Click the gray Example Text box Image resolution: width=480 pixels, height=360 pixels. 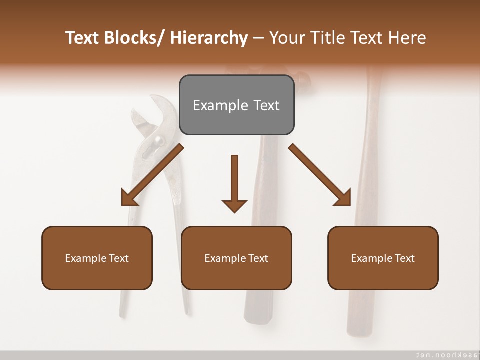point(236,105)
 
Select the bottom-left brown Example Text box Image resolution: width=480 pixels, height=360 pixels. point(97,258)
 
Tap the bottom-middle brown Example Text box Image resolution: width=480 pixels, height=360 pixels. point(236,258)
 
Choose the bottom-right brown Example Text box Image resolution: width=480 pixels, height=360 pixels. point(383,258)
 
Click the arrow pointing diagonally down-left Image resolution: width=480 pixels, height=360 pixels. point(152,175)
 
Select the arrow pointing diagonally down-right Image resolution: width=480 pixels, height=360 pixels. point(320,175)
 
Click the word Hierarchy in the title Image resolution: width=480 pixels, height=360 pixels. point(209,38)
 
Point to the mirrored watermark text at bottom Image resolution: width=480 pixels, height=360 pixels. point(442,354)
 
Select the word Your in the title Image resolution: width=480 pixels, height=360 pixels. point(286,38)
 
